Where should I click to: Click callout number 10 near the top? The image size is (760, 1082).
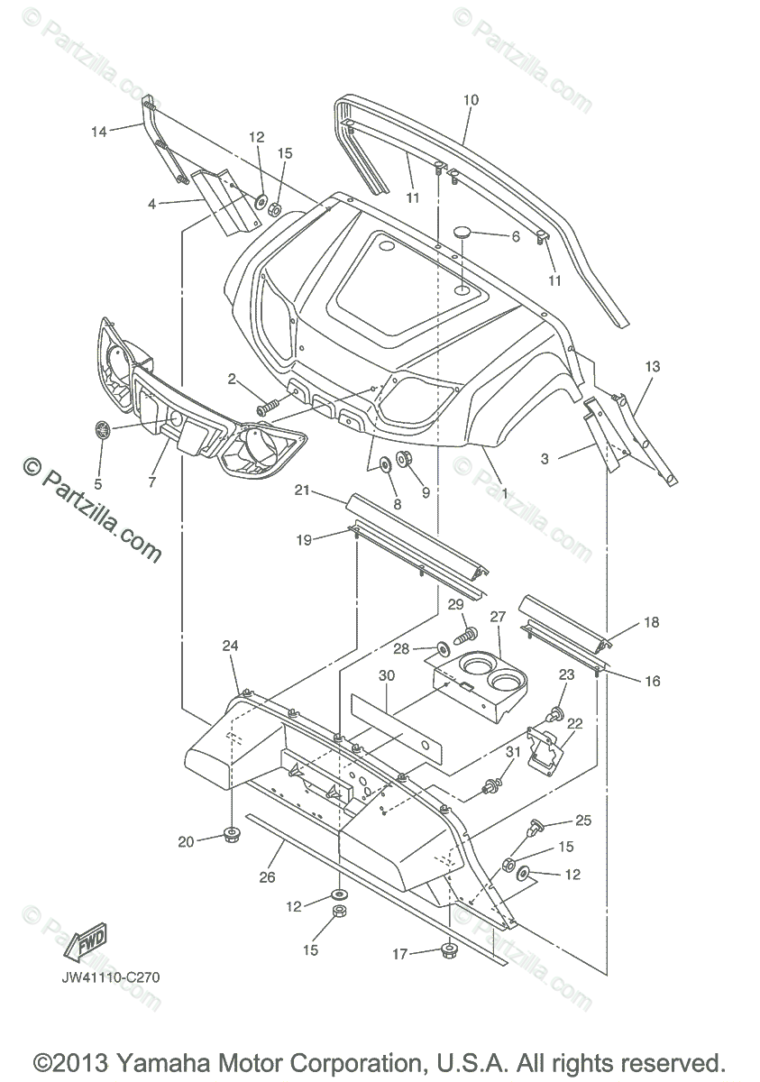click(x=471, y=99)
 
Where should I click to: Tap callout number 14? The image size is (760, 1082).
click(x=98, y=132)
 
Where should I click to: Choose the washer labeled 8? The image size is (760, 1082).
click(x=383, y=463)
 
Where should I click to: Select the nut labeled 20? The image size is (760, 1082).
click(x=231, y=832)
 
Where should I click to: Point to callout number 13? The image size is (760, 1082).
click(x=652, y=367)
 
